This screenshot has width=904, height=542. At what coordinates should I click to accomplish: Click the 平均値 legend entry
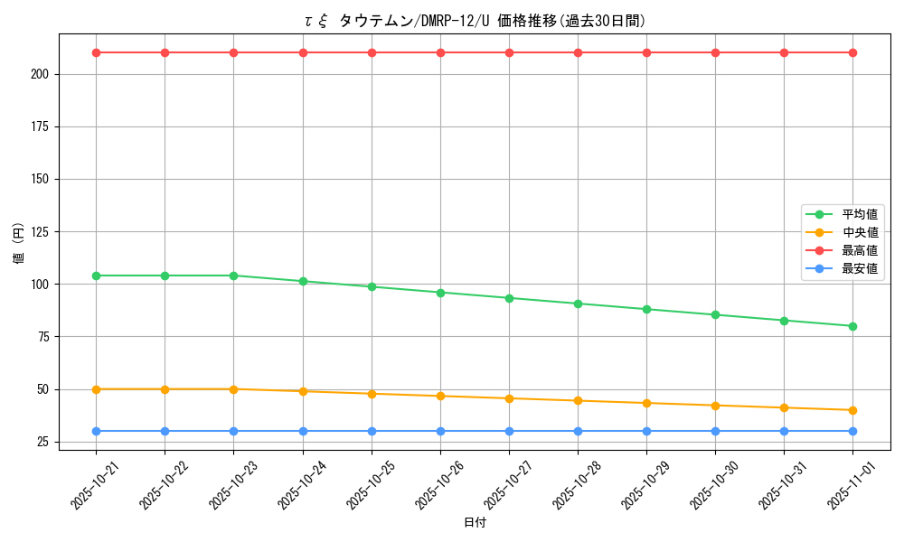pos(859,214)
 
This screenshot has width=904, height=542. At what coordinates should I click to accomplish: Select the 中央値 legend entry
pos(859,232)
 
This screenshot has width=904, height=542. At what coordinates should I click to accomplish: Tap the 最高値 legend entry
pos(859,250)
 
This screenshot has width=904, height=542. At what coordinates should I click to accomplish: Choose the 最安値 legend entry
pos(859,268)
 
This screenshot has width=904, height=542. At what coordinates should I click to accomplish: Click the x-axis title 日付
pos(475,523)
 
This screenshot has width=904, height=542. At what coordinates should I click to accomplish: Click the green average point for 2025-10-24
pos(303,281)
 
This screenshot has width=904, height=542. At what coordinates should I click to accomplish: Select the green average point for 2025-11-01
pos(852,326)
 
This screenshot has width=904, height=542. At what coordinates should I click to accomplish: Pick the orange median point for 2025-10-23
pos(233,389)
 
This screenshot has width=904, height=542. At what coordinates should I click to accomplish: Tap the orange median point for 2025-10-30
pos(715,406)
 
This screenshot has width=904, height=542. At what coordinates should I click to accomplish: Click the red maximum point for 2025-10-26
pos(440,52)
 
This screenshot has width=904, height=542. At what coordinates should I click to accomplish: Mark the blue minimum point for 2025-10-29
pos(646,431)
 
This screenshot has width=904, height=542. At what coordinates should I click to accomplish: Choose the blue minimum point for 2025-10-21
pos(96,431)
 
